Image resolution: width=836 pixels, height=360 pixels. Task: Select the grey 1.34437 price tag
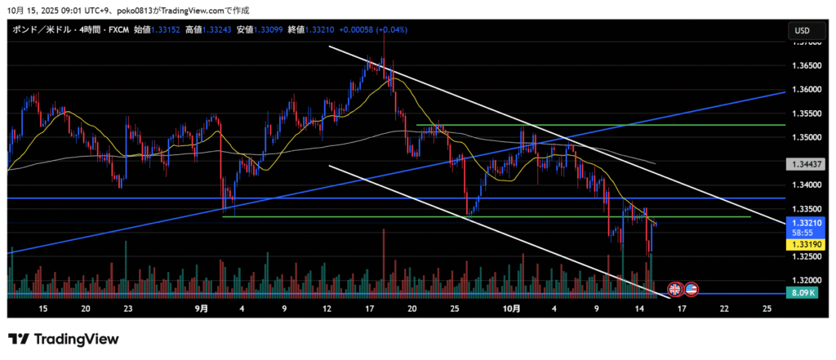[x=803, y=164]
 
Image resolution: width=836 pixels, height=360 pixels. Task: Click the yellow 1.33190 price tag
[x=803, y=243]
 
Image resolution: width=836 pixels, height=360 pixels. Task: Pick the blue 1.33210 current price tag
[x=803, y=222]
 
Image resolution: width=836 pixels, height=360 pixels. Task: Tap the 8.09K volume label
[x=803, y=292]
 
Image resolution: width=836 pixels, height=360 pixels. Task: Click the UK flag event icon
[x=675, y=288]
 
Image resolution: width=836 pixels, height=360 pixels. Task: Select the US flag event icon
[x=691, y=288]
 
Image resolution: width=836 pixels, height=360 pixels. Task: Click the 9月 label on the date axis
[x=202, y=309]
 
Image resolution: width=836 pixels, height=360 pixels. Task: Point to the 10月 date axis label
[x=511, y=309]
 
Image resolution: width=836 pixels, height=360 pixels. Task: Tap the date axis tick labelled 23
[x=128, y=309]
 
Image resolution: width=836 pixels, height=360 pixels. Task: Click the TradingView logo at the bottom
[x=64, y=339]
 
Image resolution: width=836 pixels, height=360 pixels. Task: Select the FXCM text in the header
[x=118, y=30]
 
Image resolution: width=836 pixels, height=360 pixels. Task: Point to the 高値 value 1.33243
[x=220, y=30]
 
